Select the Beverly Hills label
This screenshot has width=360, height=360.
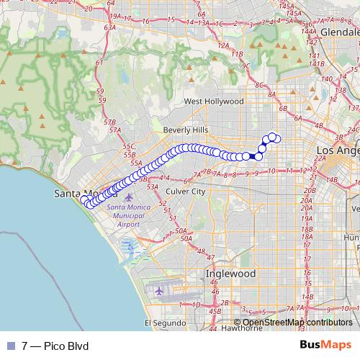(186, 129)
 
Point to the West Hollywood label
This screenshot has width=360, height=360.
(214, 102)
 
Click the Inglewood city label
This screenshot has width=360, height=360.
(230, 274)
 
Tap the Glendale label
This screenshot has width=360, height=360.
(339, 32)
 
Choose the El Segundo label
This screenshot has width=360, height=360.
(161, 323)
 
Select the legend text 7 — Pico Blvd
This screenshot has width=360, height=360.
(55, 346)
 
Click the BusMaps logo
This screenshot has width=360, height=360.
(325, 346)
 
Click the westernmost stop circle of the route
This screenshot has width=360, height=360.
(84, 199)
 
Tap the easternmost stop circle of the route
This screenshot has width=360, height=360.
(278, 139)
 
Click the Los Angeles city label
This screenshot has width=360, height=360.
(338, 150)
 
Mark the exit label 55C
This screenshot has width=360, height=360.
(129, 147)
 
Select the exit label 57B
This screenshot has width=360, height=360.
(110, 123)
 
